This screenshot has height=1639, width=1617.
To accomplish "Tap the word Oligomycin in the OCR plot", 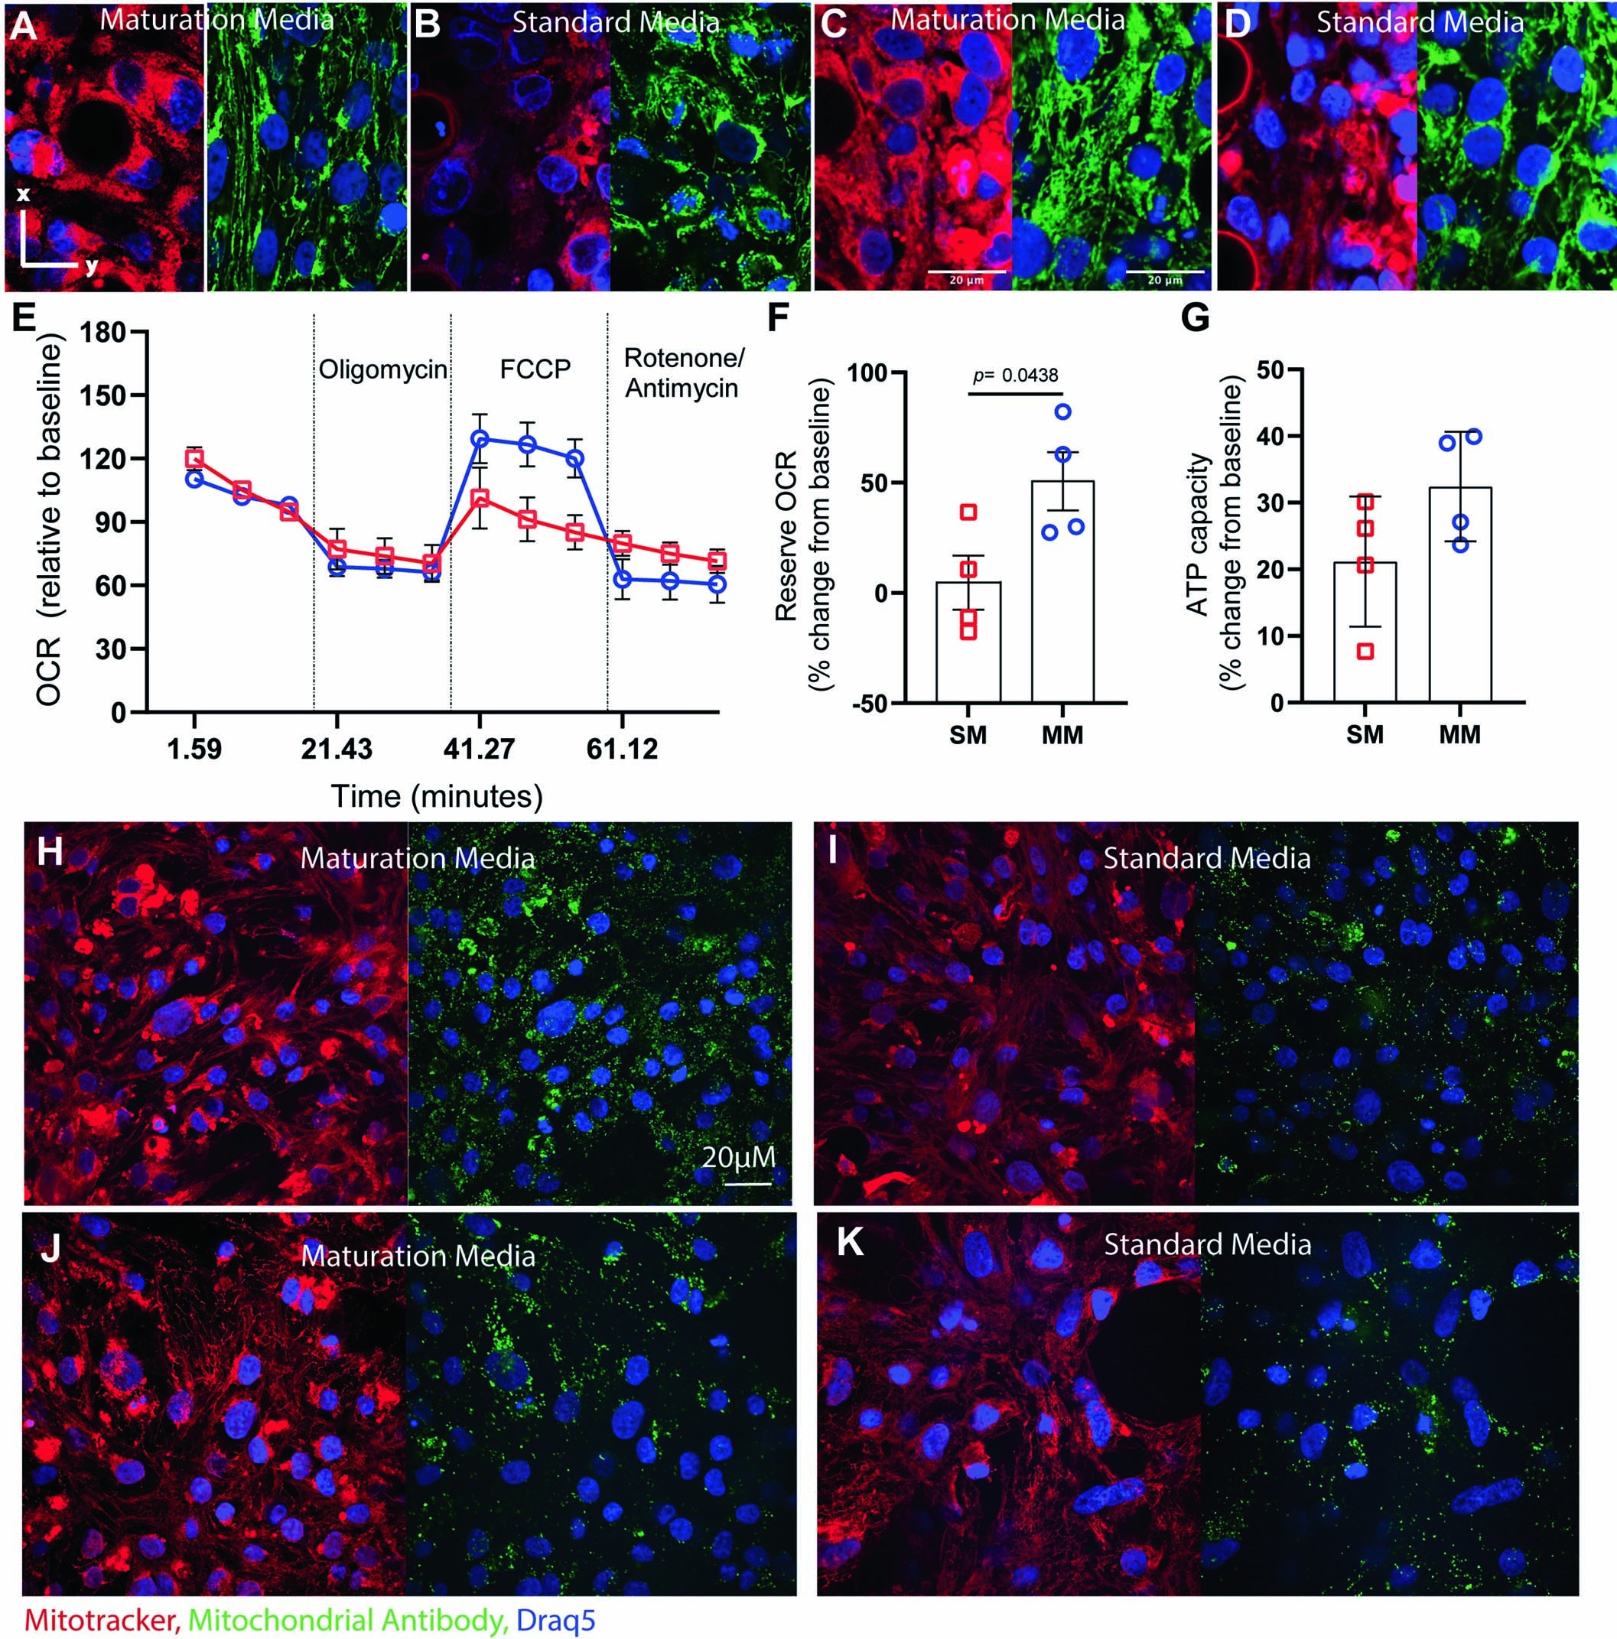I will click(x=382, y=370).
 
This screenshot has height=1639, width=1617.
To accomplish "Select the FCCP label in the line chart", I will click(x=535, y=370).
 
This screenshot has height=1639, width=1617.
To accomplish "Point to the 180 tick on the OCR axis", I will click(x=104, y=333).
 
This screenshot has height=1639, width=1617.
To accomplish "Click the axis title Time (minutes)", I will click(x=436, y=797).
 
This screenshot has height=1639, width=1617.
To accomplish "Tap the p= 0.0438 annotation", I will click(x=1015, y=375).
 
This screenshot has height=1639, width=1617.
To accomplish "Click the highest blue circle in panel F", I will click(x=1063, y=412).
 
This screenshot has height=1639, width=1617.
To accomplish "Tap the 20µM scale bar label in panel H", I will click(x=738, y=1156).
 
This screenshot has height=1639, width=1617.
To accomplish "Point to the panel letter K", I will click(x=850, y=1244).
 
